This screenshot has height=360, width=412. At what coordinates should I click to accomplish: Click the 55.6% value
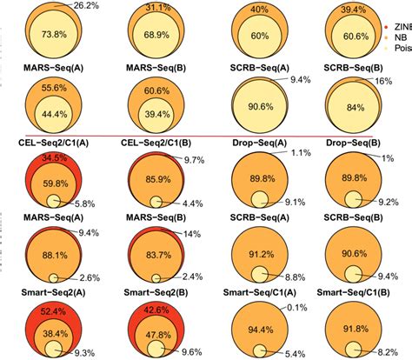[x=53, y=90]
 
